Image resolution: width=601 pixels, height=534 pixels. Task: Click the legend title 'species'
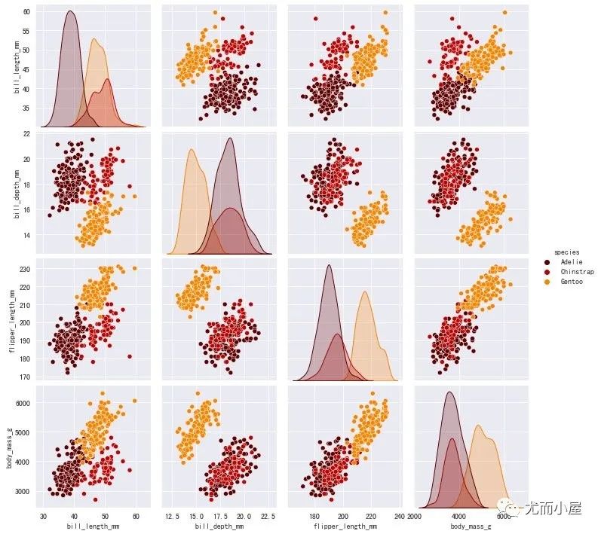click(x=566, y=251)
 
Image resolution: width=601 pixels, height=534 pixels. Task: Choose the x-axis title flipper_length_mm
click(x=344, y=526)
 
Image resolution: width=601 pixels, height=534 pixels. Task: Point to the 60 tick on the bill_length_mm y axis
click(x=26, y=13)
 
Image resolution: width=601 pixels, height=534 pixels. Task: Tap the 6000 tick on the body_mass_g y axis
click(x=23, y=404)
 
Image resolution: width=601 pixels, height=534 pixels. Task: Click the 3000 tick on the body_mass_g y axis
click(x=23, y=491)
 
